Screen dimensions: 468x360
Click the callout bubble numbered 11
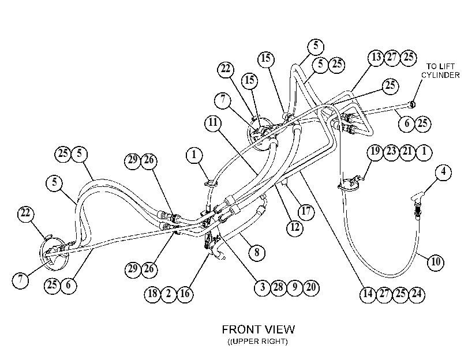(x=213, y=122)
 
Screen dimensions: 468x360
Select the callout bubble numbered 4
(x=444, y=172)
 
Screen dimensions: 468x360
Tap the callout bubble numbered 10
(x=436, y=262)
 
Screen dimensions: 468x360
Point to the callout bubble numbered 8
(x=257, y=253)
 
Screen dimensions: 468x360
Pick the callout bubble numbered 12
(x=295, y=227)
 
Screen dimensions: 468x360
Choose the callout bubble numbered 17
(x=306, y=211)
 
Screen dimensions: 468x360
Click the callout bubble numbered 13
(x=376, y=57)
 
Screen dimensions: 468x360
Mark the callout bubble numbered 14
(x=368, y=294)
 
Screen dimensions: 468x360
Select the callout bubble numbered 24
(x=417, y=294)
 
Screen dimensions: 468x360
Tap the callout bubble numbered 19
(x=375, y=152)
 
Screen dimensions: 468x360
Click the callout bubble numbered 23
(x=391, y=152)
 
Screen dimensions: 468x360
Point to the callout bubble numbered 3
(x=263, y=287)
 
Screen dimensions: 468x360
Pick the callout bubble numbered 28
(x=279, y=287)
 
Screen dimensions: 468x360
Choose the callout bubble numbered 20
(x=311, y=287)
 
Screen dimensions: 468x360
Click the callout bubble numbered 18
(x=152, y=294)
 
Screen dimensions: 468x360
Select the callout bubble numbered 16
(x=185, y=294)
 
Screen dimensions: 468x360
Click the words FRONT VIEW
(x=259, y=329)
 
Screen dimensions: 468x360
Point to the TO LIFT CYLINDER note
(x=440, y=71)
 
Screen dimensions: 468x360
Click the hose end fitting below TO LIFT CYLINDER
(x=413, y=104)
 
